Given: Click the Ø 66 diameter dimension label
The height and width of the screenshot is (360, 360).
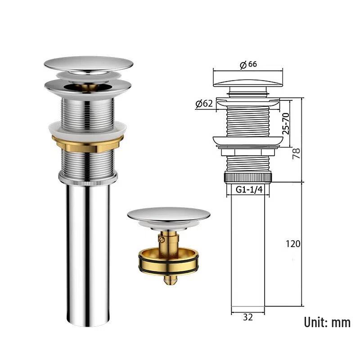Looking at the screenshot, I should [248, 64].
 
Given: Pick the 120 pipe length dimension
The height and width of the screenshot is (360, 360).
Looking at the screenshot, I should [293, 244].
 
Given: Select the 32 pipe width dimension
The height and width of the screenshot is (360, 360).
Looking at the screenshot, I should [247, 317].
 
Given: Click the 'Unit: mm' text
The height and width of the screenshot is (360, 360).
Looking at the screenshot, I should [327, 322].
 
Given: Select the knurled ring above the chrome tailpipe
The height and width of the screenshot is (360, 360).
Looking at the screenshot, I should [87, 179].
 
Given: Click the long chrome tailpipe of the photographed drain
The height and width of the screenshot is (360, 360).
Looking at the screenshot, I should [88, 252].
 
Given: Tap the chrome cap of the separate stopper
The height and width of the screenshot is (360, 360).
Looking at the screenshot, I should [168, 214].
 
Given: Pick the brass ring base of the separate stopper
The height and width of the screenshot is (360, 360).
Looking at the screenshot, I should [168, 263].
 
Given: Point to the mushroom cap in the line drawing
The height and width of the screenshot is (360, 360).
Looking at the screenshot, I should [248, 84].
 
